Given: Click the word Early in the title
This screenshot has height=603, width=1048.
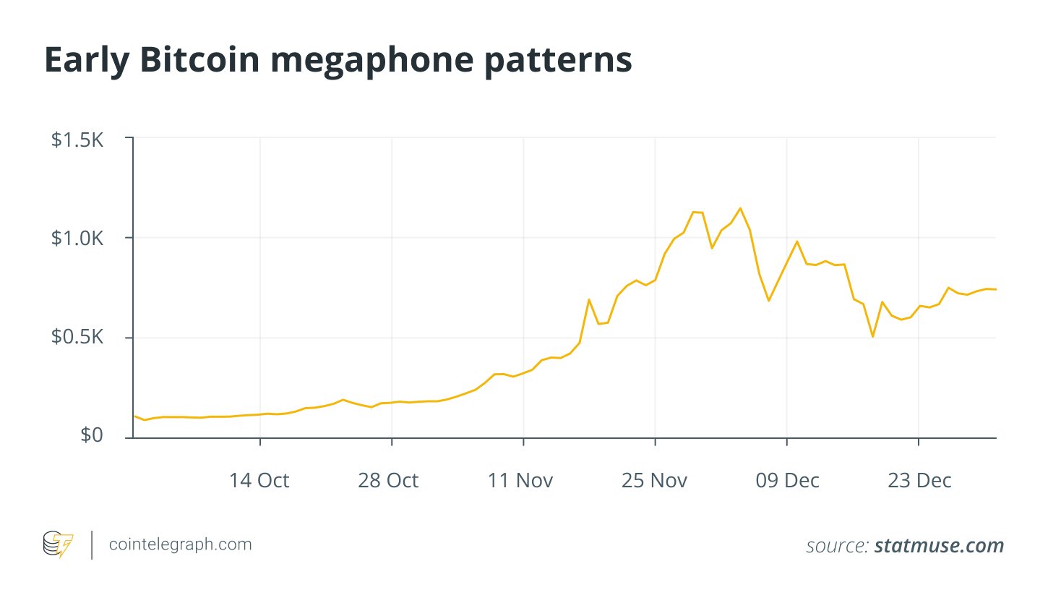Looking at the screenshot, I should point(86,61).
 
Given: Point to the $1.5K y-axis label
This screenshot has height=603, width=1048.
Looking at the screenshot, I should point(77,140).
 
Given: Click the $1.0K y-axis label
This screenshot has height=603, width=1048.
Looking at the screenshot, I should point(77,239).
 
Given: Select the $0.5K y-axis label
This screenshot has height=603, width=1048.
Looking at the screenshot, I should point(77,338).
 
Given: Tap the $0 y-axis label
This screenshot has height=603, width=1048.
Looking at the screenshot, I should point(90,436).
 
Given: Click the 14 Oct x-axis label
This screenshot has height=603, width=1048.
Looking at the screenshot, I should point(259,480).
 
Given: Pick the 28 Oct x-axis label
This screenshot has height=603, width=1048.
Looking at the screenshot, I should point(388,480).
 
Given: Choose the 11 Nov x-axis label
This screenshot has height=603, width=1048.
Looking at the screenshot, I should point(521,480).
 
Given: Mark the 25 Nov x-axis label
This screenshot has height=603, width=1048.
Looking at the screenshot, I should point(654,480).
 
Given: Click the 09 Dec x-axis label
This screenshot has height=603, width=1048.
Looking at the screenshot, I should point(786,480).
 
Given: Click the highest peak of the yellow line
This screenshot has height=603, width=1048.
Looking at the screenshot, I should point(740,208).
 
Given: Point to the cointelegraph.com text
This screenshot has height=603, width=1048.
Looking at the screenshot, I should point(179,544).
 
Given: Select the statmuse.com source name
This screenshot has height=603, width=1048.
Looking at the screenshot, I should point(939,546).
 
